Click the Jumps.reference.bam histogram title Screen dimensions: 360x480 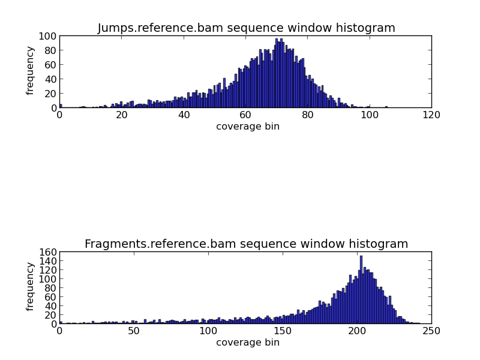[246, 28]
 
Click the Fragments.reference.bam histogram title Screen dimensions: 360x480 [246, 244]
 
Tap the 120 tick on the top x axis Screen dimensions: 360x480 [431, 115]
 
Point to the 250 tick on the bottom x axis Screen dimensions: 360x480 [431, 331]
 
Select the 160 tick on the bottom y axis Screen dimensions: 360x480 [49, 252]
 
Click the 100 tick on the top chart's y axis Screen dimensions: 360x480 [49, 36]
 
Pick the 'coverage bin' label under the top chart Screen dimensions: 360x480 [247, 127]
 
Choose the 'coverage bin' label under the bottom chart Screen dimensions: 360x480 [247, 343]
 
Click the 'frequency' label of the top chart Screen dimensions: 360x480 [30, 72]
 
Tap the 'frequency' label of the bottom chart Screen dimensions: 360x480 [30, 287]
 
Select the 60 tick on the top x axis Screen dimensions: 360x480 [245, 115]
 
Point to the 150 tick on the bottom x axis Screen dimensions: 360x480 [283, 331]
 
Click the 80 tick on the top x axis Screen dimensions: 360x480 [307, 115]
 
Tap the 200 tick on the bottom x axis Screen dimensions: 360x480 [357, 331]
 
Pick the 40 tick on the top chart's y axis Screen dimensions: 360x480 [52, 79]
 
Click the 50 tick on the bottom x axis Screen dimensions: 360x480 [134, 331]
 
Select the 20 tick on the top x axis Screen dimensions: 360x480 [121, 115]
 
